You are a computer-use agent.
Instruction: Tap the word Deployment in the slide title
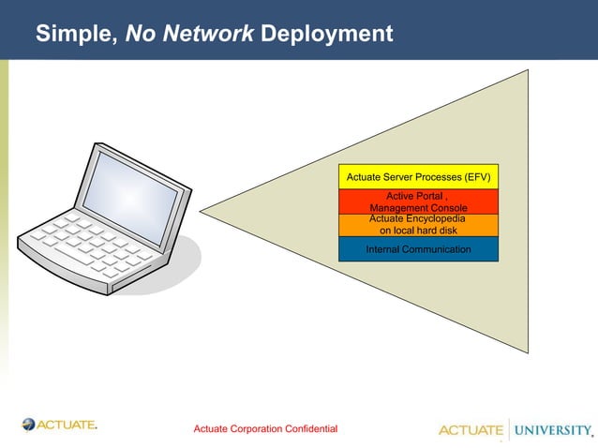tap(326, 35)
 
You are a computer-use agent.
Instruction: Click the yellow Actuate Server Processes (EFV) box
tap(418, 176)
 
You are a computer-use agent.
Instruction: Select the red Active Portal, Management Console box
tap(418, 201)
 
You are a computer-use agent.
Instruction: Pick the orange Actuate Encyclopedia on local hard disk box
tap(418, 225)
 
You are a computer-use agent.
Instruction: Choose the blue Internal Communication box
tap(418, 249)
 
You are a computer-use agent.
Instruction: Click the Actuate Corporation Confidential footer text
tap(265, 428)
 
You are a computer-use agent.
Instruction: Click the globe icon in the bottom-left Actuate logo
tap(29, 425)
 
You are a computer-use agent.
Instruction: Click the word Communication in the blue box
tap(437, 249)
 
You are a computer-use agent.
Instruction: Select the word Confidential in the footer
tap(307, 428)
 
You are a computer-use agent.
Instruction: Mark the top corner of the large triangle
tap(528, 70)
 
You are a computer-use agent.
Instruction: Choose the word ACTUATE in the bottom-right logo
tap(471, 430)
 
